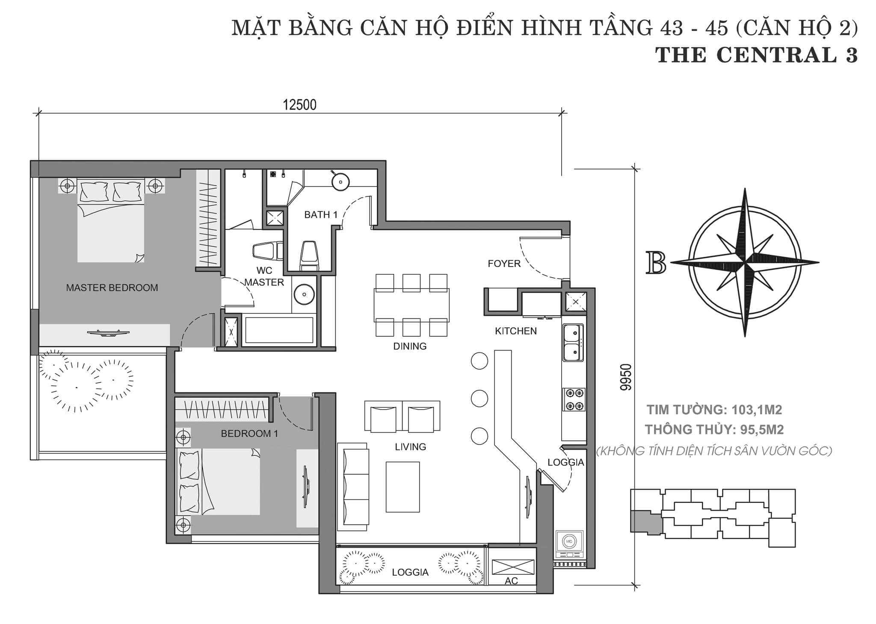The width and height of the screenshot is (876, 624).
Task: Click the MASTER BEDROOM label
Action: coord(112,288)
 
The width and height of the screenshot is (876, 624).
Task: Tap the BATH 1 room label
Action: coord(321,214)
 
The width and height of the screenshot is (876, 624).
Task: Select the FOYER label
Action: coord(504,264)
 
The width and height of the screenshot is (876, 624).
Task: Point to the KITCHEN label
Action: coord(516,331)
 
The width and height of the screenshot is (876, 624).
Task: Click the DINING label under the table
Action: coord(410,346)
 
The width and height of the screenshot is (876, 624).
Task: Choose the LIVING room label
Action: coord(411,447)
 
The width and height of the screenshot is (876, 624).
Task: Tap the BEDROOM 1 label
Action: coord(249,434)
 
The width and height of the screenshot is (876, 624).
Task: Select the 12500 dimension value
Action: coord(300,105)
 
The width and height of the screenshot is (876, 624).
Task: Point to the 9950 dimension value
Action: coord(626,377)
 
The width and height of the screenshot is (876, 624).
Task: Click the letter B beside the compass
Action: coord(657,262)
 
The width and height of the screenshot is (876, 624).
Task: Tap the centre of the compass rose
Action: coord(745,262)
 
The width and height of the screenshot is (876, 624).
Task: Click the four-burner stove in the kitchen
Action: coord(574,399)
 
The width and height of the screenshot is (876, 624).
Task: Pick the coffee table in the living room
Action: coord(402,487)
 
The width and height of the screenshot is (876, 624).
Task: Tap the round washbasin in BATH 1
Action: coord(340,181)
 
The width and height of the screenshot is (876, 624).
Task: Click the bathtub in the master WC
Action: coord(279,330)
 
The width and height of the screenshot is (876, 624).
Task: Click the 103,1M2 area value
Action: coord(757,410)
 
